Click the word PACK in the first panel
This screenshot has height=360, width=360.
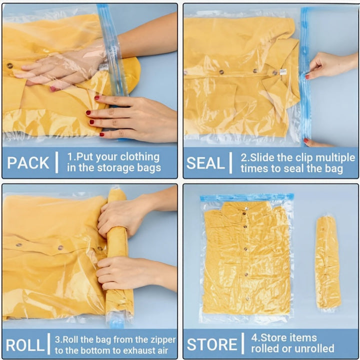pos(28,162)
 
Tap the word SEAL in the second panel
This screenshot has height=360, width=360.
pos(205,163)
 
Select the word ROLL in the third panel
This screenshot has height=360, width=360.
pos(24,344)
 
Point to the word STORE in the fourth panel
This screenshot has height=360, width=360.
pos(212,344)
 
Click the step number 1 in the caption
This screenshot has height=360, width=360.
pos(70,157)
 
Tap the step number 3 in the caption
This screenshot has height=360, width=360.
pos(57,339)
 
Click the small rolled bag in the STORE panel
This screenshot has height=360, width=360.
pos(327,263)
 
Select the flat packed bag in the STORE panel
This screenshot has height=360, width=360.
pos(246,260)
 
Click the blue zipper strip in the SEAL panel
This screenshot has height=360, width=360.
pos(304,75)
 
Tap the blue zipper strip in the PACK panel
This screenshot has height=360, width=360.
pos(111,50)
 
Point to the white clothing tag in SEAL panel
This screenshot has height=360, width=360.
pos(283,72)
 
